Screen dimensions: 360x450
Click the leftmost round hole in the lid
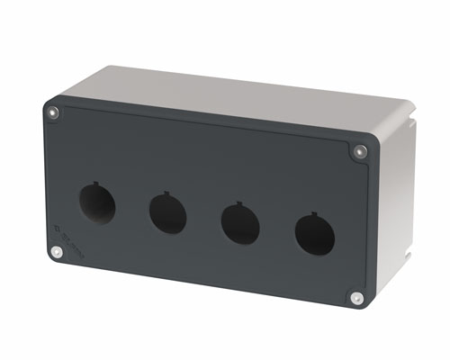96,203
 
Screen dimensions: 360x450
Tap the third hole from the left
240,224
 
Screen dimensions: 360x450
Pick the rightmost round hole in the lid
314,236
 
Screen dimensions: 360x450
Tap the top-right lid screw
361,151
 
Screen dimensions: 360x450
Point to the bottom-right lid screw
356,297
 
